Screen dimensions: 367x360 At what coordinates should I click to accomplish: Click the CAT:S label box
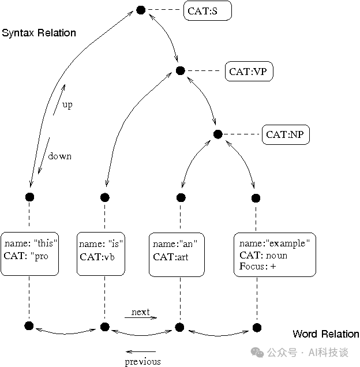click(x=207, y=11)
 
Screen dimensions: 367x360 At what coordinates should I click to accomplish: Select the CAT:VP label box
click(x=248, y=72)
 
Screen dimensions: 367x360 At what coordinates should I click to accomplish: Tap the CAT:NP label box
click(x=286, y=135)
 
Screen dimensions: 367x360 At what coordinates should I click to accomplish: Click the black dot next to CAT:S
click(x=140, y=10)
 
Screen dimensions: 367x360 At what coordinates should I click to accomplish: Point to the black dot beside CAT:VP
click(x=179, y=71)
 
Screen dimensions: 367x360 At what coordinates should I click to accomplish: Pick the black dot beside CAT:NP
click(x=217, y=134)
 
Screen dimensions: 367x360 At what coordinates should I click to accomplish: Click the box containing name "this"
click(x=29, y=254)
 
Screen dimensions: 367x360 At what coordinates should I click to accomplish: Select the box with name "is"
click(x=101, y=254)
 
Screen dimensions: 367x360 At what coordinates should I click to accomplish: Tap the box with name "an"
click(x=177, y=254)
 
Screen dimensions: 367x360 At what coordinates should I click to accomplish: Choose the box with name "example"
click(x=275, y=254)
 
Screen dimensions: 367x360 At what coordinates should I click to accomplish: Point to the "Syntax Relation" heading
click(x=39, y=33)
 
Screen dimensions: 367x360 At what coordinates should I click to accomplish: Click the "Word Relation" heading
click(x=325, y=334)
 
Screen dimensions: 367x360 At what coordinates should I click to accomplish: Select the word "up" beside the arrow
click(x=67, y=106)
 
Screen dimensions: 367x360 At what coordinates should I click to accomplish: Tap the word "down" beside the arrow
click(x=59, y=156)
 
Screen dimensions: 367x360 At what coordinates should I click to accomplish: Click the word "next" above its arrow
click(x=140, y=312)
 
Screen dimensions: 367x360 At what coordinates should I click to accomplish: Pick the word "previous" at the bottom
click(x=142, y=362)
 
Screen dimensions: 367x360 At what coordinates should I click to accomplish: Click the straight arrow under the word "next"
click(x=140, y=318)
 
